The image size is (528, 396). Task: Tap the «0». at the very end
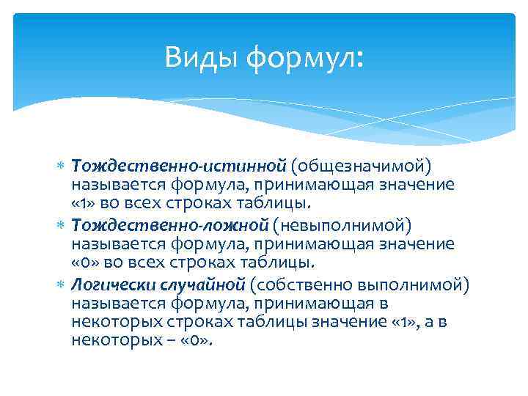coord(197,340)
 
